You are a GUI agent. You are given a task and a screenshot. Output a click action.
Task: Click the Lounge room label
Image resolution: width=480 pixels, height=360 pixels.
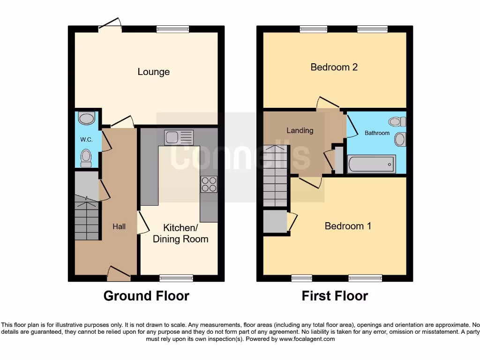pyautogui.click(x=153, y=72)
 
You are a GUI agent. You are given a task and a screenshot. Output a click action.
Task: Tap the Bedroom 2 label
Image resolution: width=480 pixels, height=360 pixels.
pyautogui.click(x=334, y=67)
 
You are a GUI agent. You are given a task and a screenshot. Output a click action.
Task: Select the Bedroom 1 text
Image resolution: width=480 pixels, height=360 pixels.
pyautogui.click(x=348, y=226)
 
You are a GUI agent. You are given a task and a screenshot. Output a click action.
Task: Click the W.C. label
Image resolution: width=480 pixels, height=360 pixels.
pyautogui.click(x=86, y=140)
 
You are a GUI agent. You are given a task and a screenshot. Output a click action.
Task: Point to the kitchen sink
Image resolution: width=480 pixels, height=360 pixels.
pyautogui.click(x=179, y=138)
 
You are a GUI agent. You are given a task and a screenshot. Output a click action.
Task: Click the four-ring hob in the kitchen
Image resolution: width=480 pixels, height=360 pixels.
pyautogui.click(x=209, y=184)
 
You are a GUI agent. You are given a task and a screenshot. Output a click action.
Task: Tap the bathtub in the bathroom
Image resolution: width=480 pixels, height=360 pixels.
pyautogui.click(x=371, y=165)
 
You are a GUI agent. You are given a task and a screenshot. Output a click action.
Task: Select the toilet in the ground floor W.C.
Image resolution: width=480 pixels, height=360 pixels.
pyautogui.click(x=86, y=158)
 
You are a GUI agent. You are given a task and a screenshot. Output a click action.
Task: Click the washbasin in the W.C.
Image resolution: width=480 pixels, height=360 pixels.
pyautogui.click(x=87, y=118)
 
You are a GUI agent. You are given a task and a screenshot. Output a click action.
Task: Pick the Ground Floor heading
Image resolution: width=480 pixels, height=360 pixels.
pyautogui.click(x=146, y=296)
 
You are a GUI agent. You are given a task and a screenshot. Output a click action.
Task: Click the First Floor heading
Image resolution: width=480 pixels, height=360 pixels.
pyautogui.click(x=335, y=296)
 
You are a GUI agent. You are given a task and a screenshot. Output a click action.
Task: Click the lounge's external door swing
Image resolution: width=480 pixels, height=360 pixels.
pyautogui.click(x=111, y=24)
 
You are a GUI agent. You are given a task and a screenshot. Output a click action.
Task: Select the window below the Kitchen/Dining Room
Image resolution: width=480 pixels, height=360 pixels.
pyautogui.click(x=176, y=278)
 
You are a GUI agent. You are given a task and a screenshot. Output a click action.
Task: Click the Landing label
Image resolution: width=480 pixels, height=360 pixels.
pyautogui.click(x=300, y=130)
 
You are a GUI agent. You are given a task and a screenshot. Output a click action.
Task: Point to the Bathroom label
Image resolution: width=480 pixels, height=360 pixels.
pyautogui.click(x=377, y=133)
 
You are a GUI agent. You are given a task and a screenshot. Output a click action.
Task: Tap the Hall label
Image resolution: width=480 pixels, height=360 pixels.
pyautogui.click(x=119, y=226)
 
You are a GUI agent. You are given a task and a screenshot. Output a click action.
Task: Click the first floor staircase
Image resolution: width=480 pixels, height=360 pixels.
pyautogui.click(x=275, y=176)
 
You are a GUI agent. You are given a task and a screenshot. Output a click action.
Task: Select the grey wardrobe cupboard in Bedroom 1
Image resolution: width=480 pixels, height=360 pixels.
pyautogui.click(x=275, y=222)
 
